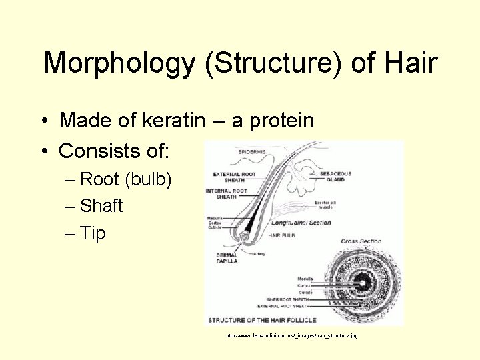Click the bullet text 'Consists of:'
[115, 151]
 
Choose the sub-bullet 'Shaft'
[101, 206]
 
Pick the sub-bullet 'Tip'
[93, 233]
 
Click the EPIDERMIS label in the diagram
[251, 152]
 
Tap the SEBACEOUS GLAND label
[335, 177]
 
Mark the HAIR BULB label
[282, 235]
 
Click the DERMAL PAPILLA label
[227, 258]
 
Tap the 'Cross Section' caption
[361, 241]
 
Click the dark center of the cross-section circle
[363, 283]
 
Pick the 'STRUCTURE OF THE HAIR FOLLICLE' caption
[262, 319]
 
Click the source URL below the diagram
[291, 335]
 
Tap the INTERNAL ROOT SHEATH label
[226, 193]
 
